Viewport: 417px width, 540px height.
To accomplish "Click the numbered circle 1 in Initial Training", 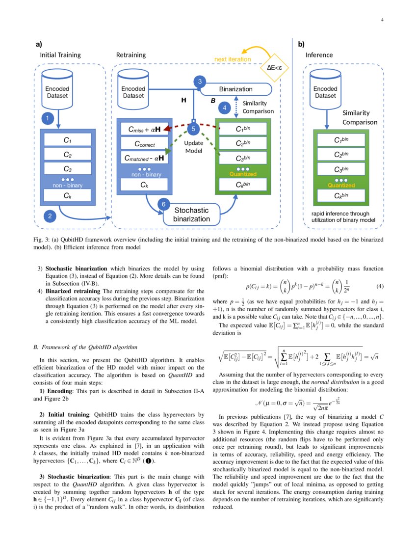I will pos(47,118).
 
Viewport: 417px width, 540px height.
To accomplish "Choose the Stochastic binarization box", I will pos(191,215).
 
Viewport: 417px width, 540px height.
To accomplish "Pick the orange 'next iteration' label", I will pos(233,59).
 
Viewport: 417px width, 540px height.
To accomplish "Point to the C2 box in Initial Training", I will pos(67,154).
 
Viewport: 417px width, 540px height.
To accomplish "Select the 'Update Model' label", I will pos(193,147).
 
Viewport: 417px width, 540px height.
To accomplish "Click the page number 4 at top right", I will pos(382,20).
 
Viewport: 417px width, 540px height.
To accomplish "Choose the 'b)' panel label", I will pos(301,44).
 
